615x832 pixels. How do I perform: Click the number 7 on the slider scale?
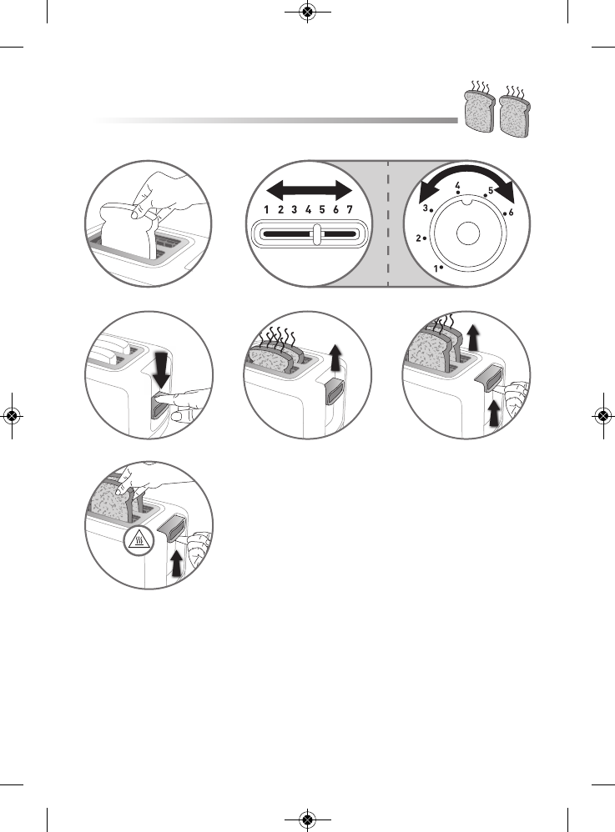click(349, 210)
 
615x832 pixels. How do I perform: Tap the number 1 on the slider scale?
click(266, 210)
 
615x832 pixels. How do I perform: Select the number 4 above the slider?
click(308, 210)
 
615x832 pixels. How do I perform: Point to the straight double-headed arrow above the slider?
click(307, 188)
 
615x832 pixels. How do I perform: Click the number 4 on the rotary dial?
click(457, 185)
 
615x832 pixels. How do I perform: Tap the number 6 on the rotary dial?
click(510, 213)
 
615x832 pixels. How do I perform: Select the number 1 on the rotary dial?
click(436, 268)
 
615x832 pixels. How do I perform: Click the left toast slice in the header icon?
click(477, 112)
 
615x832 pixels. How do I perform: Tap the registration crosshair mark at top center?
click(307, 13)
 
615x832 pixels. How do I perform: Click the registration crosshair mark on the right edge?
click(602, 416)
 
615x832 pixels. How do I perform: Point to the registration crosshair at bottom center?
click(307, 819)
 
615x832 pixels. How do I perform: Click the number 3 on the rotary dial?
click(425, 208)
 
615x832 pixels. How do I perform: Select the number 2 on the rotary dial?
click(418, 238)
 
